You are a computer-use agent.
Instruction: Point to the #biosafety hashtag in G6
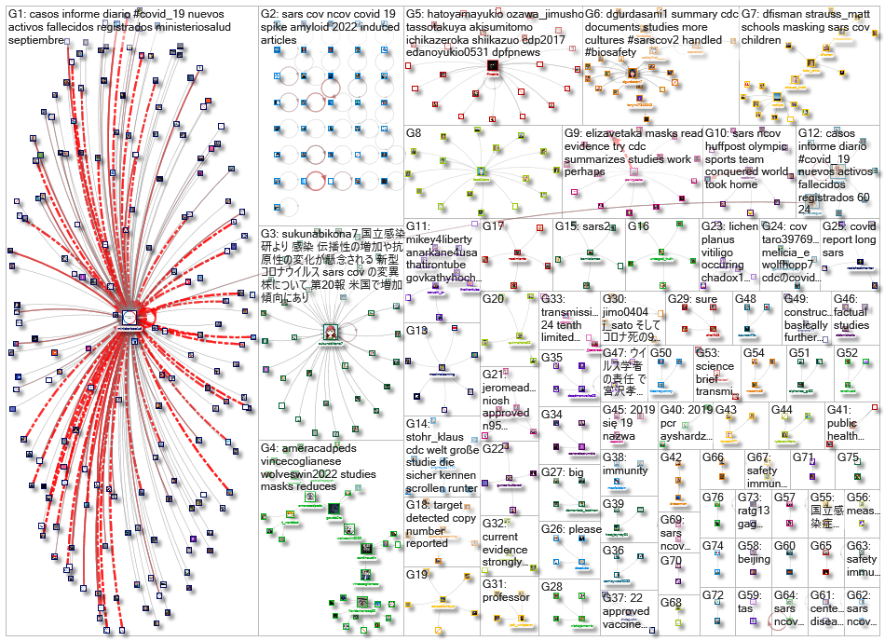coord(618,56)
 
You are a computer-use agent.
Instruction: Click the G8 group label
coord(415,133)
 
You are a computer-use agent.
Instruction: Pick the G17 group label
coord(494,226)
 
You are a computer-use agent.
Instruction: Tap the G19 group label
coord(416,575)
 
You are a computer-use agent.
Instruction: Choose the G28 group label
coord(551,586)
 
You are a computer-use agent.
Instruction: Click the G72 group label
coord(713,594)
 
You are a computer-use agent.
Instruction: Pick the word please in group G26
coord(584,530)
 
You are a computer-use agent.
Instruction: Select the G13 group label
coord(416,330)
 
